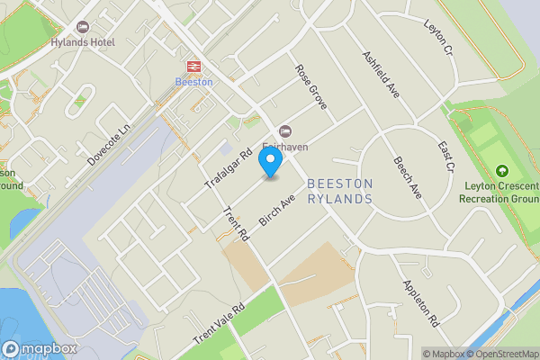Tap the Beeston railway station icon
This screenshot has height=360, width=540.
193,66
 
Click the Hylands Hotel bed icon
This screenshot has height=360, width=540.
84,27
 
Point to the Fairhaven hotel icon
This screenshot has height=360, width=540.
286,131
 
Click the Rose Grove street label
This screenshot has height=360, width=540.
310,87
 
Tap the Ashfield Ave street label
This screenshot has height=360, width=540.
381,73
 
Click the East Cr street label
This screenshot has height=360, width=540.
446,156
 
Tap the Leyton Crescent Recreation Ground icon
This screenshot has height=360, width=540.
501,170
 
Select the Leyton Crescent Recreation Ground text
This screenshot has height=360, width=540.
500,192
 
